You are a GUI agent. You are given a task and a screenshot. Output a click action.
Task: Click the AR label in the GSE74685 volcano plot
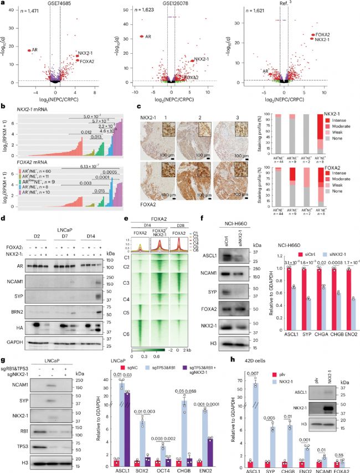point(34,50)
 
